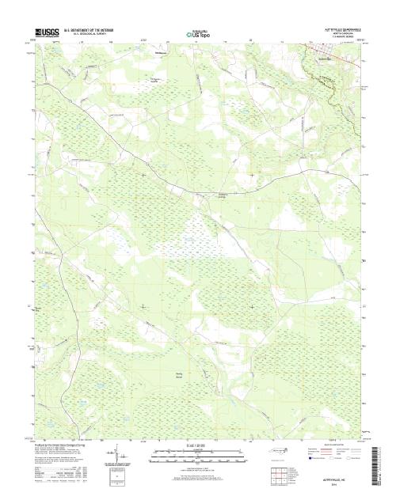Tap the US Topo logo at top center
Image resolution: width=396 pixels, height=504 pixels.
(x=197, y=35)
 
